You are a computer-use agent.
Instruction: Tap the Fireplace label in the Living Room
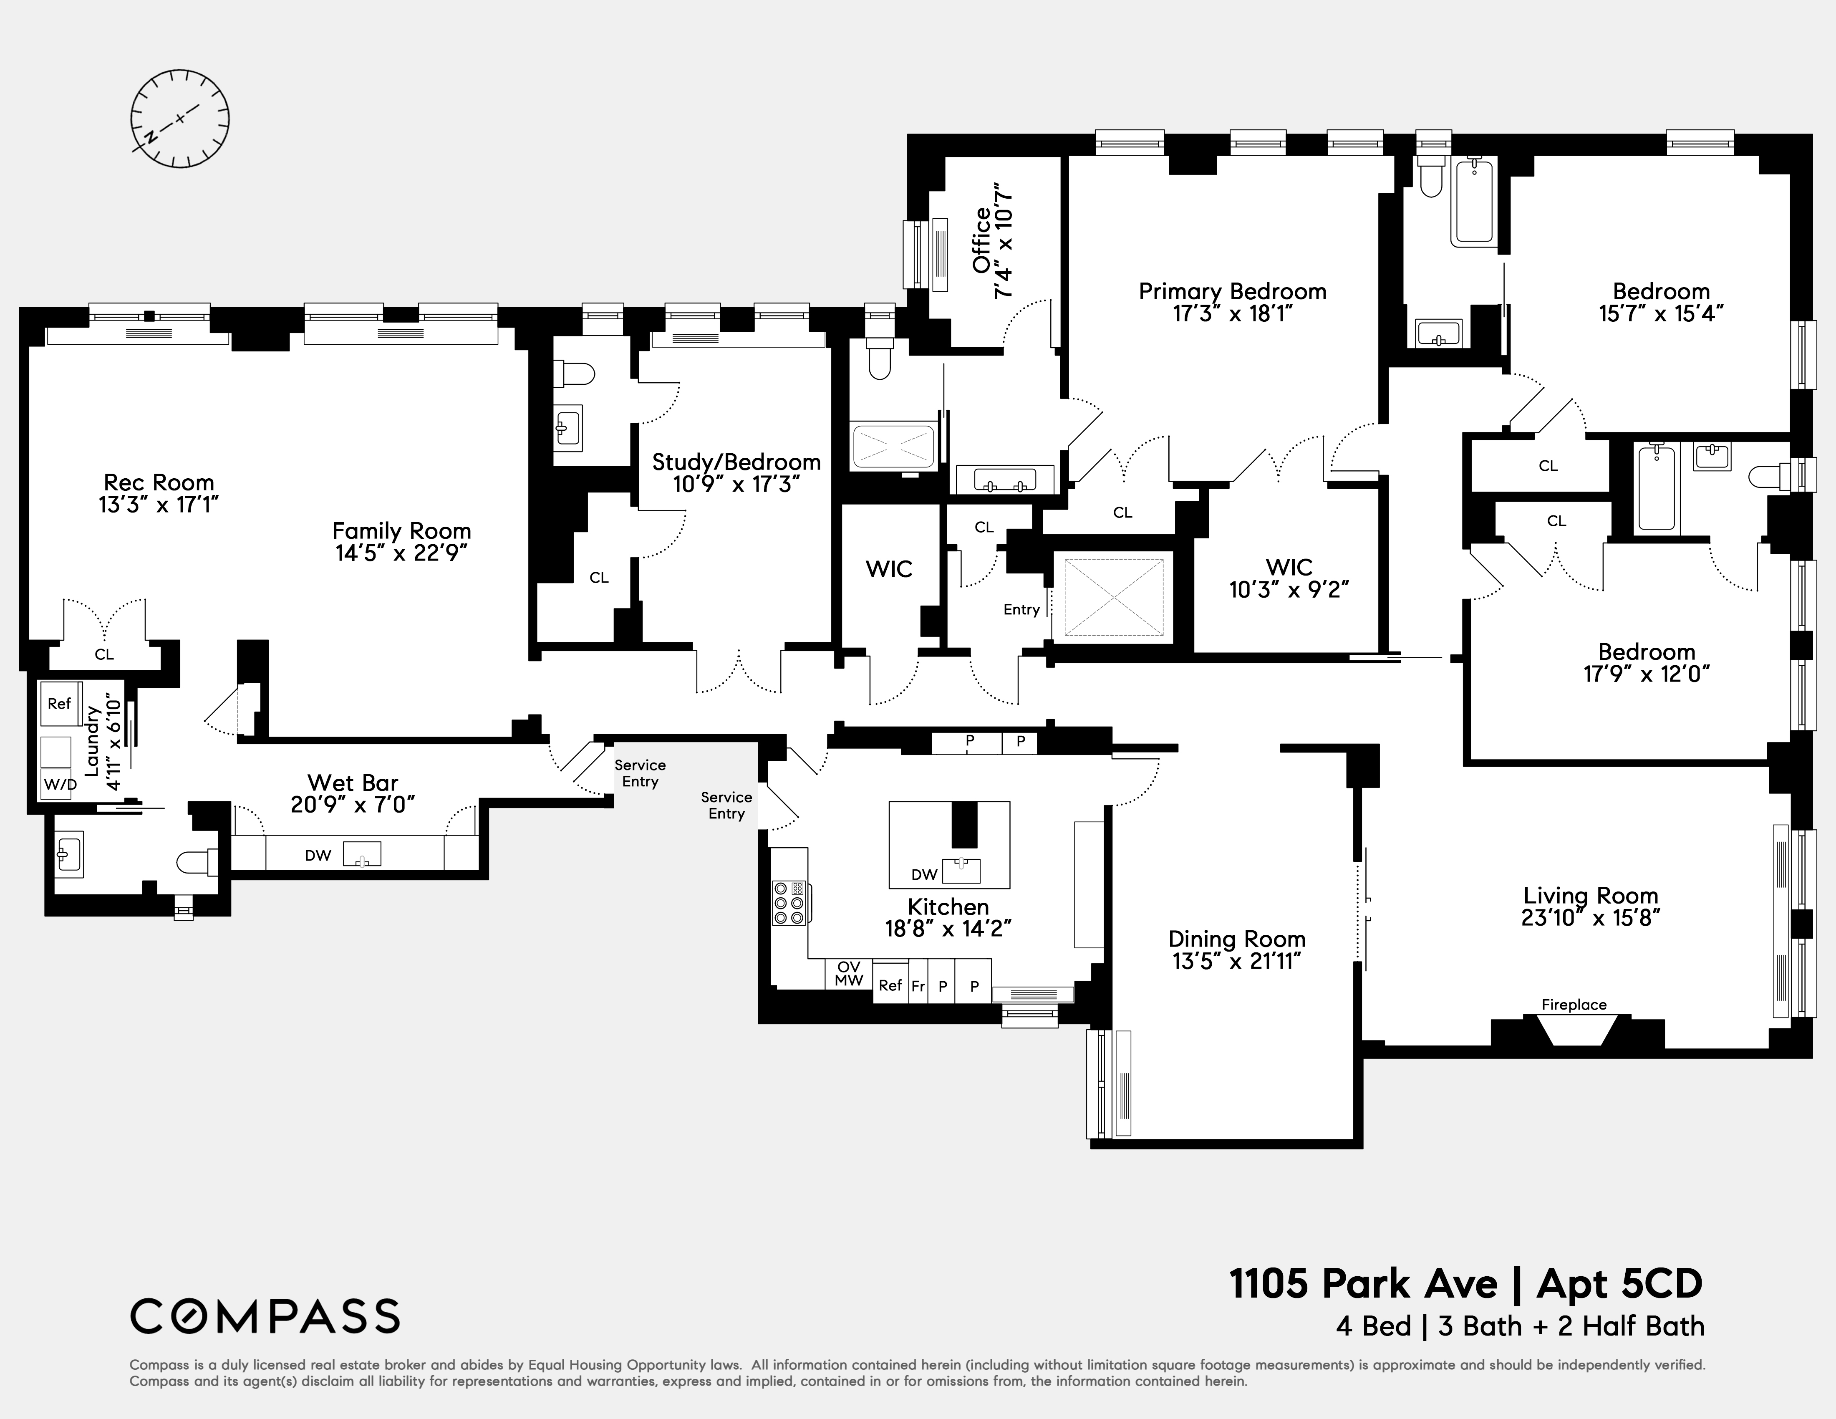(x=1574, y=1005)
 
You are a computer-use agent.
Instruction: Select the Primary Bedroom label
(x=1232, y=292)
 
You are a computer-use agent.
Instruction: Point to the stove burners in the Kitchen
(x=789, y=903)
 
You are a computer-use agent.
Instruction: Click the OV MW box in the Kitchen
(x=849, y=974)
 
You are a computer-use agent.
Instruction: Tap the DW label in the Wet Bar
(x=318, y=856)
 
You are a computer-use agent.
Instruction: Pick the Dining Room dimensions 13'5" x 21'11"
(x=1237, y=961)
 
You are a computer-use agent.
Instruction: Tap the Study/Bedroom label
(x=736, y=462)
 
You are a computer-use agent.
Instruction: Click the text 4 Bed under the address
(x=1374, y=1326)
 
